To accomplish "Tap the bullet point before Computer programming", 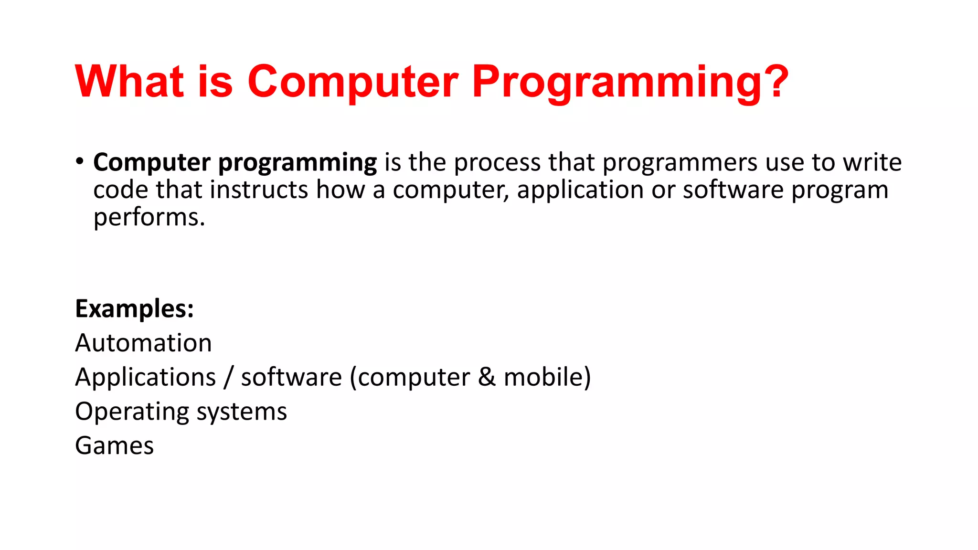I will [79, 161].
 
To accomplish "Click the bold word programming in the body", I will [298, 163].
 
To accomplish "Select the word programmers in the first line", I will [680, 163].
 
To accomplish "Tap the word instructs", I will [259, 190].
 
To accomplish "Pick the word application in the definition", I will [580, 190].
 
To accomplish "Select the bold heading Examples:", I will [135, 309].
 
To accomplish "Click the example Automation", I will [143, 343].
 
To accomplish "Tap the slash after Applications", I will [229, 377].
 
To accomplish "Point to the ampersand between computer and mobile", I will [487, 377].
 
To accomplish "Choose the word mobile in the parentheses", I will [543, 377].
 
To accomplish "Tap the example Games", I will [115, 446].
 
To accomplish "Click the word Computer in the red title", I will [352, 82].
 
